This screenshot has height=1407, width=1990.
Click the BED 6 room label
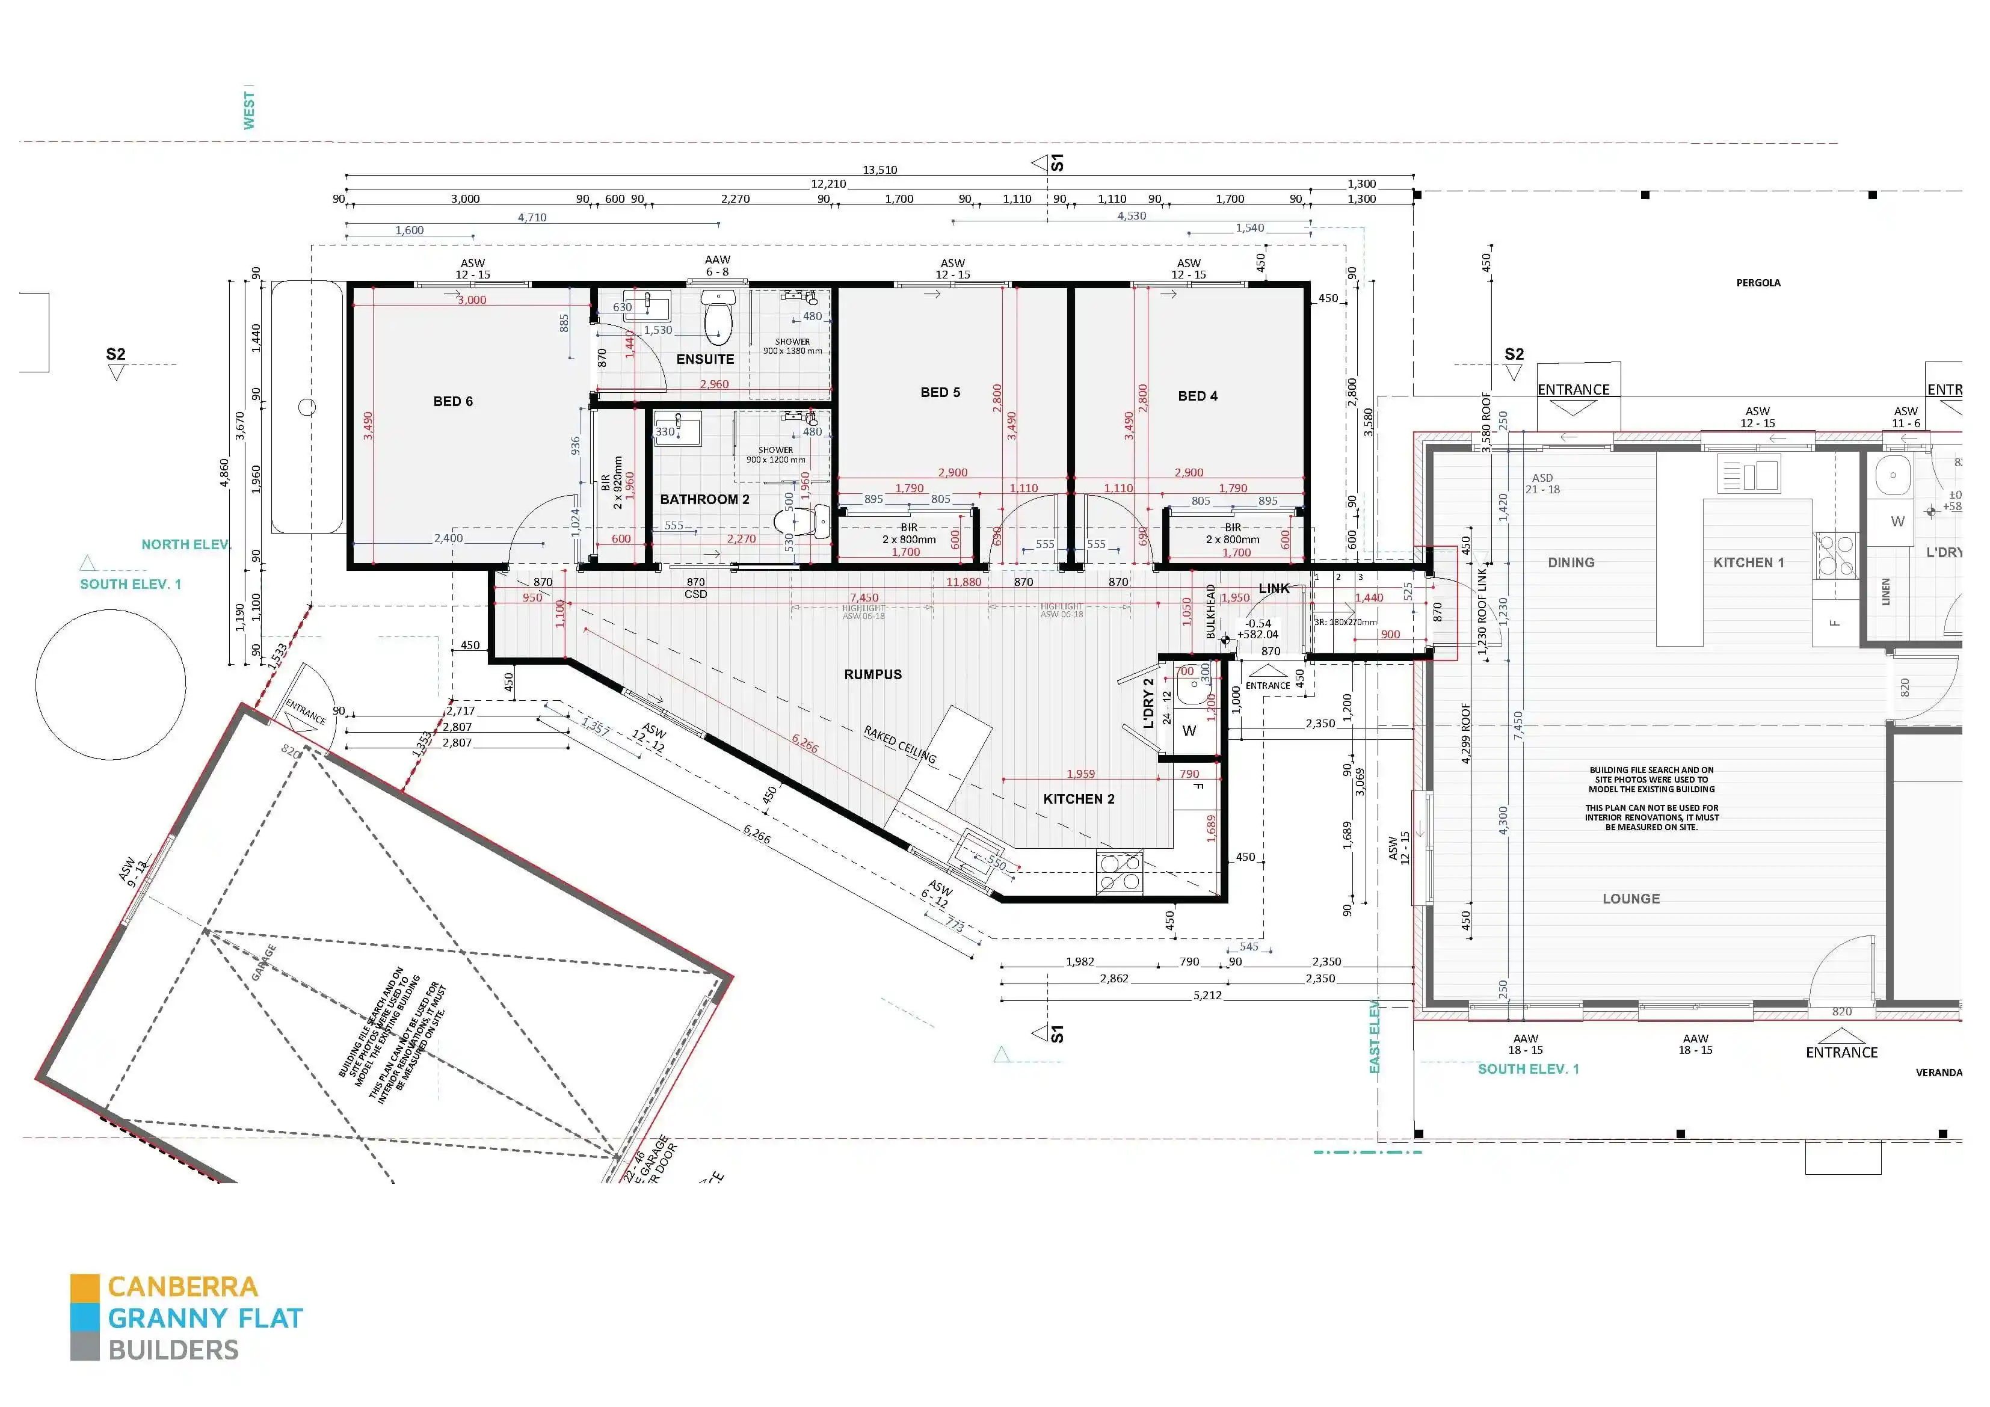[x=452, y=401]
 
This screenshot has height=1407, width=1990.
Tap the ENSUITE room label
[x=704, y=359]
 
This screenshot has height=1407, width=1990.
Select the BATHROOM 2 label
[x=704, y=499]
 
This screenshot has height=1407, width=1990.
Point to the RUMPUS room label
[x=873, y=674]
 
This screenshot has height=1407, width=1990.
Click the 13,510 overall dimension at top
[x=879, y=170]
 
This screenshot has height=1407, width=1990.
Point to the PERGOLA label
[x=1758, y=283]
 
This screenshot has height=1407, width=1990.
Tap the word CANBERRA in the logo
[x=183, y=1287]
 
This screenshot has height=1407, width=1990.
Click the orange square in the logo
[x=85, y=1287]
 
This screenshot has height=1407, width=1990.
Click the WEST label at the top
[x=249, y=110]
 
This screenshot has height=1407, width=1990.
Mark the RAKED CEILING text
[x=900, y=745]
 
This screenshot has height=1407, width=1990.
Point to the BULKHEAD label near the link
[x=1211, y=611]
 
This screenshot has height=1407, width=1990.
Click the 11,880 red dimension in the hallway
[x=963, y=582]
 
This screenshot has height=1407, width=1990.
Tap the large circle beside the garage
[x=110, y=685]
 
